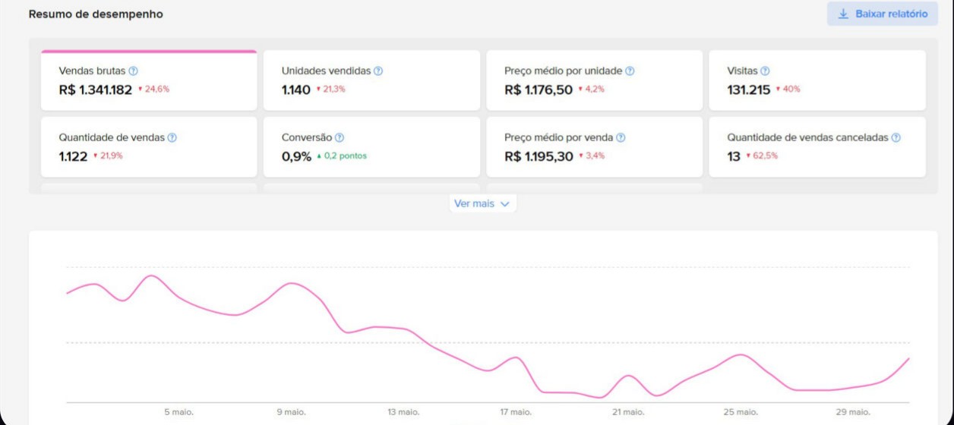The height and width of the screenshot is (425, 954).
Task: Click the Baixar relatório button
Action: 882,14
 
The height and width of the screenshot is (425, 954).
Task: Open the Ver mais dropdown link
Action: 482,203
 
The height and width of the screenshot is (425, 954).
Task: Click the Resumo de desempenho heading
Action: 96,14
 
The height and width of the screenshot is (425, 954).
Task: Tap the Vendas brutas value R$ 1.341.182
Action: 96,90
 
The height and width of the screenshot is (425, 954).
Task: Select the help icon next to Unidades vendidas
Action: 378,71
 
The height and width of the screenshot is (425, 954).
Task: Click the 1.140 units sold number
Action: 296,90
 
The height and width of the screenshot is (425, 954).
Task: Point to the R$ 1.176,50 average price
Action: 539,90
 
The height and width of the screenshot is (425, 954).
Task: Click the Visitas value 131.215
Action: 749,90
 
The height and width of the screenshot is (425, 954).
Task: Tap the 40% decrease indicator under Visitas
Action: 788,89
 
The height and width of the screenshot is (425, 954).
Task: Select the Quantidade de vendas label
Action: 112,137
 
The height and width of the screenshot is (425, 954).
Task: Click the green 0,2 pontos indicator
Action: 342,156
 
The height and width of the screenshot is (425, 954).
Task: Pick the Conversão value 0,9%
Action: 296,156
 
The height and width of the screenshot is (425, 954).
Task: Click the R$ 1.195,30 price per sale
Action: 539,156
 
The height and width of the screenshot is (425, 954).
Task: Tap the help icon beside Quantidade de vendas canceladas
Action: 896,138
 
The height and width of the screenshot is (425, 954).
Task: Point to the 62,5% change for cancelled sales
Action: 762,156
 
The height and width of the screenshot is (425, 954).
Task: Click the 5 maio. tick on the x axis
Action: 179,412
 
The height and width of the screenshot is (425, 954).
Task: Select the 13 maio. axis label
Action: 403,412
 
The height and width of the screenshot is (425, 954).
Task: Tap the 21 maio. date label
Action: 628,412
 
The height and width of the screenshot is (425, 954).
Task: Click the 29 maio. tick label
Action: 853,412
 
